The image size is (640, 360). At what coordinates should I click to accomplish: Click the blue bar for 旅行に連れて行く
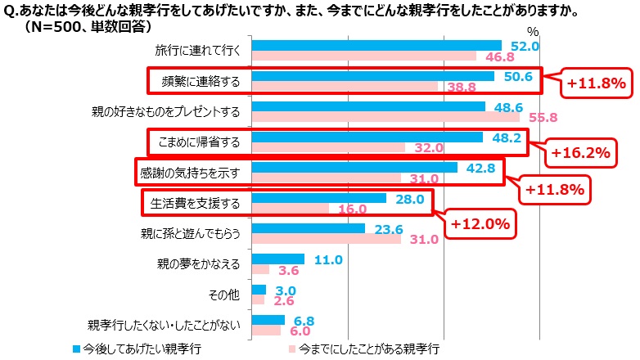coord(376,45)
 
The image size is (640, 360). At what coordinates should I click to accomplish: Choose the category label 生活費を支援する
coord(194,203)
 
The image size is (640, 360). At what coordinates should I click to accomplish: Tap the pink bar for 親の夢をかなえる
coord(261,269)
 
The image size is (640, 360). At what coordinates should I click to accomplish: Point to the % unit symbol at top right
coord(533,31)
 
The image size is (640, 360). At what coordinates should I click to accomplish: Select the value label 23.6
coord(383,229)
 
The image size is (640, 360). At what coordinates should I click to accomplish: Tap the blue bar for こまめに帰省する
coord(367,137)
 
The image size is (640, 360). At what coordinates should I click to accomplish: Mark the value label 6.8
coord(302,321)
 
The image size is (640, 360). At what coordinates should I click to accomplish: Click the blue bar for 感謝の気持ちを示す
coord(354,167)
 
